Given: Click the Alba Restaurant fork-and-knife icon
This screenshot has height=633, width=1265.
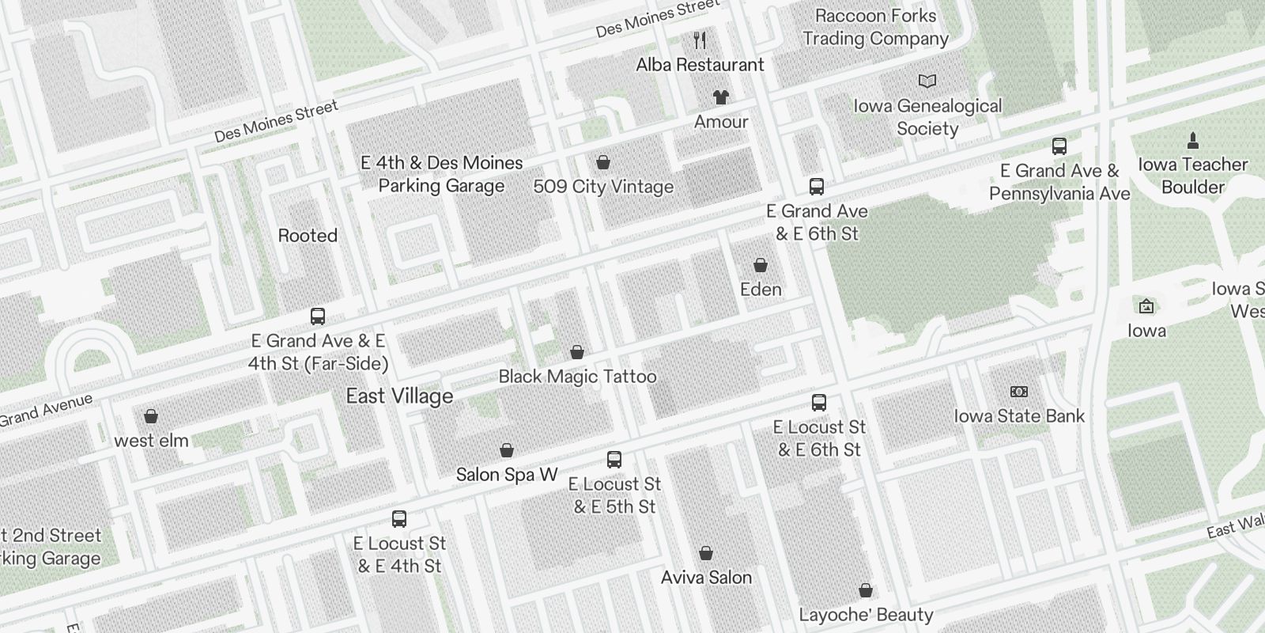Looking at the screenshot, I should (x=700, y=40).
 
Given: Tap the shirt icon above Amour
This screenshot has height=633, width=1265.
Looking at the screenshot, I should (x=720, y=97).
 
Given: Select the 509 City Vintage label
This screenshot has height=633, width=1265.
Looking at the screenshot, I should (x=603, y=187).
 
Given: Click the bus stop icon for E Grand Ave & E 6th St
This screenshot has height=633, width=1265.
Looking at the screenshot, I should (x=817, y=187).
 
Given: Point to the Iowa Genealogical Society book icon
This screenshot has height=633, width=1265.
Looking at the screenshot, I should (x=927, y=81).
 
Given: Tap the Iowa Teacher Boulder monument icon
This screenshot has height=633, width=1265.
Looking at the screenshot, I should (x=1193, y=141).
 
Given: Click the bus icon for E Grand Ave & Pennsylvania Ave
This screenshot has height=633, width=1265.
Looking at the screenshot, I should (x=1059, y=146).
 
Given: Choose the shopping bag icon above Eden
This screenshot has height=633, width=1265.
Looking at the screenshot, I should (x=761, y=265).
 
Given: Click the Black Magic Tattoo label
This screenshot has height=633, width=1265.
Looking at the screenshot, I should (x=577, y=377).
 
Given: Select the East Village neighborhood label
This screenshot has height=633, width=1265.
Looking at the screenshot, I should (x=400, y=396).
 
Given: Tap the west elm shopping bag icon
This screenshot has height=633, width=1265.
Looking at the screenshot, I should (x=151, y=416).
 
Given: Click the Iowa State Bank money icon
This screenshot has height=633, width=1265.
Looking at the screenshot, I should (x=1019, y=392).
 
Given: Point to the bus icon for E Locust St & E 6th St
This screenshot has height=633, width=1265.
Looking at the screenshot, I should (x=819, y=403).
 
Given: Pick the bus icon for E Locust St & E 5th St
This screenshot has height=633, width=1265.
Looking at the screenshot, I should (x=614, y=460).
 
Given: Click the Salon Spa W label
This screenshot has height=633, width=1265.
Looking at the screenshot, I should (x=507, y=475).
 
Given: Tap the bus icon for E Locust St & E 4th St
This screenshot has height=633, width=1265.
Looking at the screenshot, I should (x=399, y=519).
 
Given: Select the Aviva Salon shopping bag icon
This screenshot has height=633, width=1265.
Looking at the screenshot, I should (x=706, y=553).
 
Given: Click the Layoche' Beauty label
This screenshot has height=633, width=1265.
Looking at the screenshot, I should (x=866, y=615).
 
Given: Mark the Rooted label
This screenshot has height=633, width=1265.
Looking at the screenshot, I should (x=308, y=236).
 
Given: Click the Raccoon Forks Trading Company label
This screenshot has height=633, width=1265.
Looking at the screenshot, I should (x=875, y=27).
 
